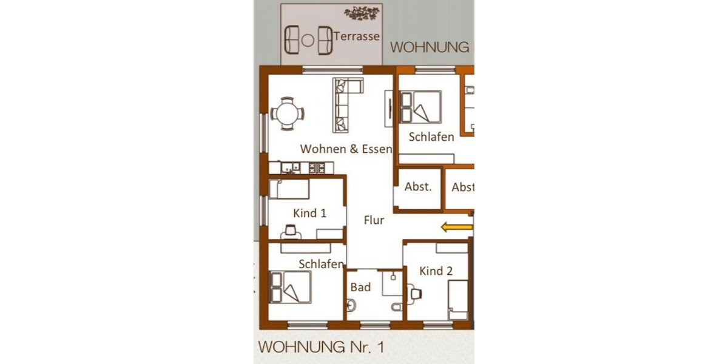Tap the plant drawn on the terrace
pyautogui.click(x=363, y=12)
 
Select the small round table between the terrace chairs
pyautogui.click(x=308, y=40)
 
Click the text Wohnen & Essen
pyautogui.click(x=346, y=149)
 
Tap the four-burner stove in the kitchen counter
pyautogui.click(x=317, y=168)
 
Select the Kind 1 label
pyautogui.click(x=309, y=213)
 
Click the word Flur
pyautogui.click(x=374, y=220)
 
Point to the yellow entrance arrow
pyautogui.click(x=456, y=227)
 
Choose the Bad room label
pyautogui.click(x=360, y=287)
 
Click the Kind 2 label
pyautogui.click(x=436, y=271)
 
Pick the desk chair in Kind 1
pyautogui.click(x=292, y=230)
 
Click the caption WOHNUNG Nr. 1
pyautogui.click(x=321, y=348)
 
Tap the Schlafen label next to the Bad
pyautogui.click(x=322, y=264)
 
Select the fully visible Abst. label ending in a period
pyautogui.click(x=418, y=187)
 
